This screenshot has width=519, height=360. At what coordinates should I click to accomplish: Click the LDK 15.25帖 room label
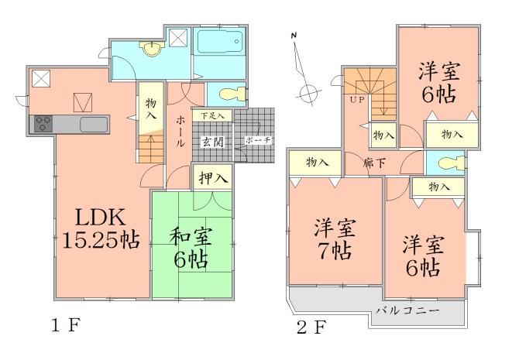(99, 228)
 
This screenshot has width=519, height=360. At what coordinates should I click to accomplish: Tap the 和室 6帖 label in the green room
(191, 246)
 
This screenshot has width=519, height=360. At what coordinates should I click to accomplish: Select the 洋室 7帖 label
(335, 240)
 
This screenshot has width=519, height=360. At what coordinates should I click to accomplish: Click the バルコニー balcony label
(408, 310)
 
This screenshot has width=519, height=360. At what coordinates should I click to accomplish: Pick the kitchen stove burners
(42, 124)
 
